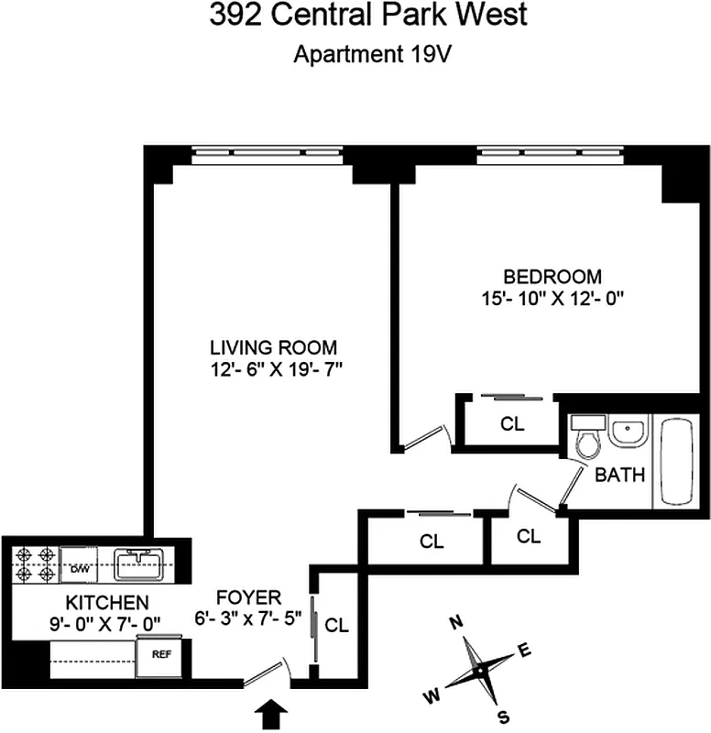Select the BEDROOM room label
[x=552, y=276]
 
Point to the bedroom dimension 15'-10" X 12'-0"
[x=552, y=298]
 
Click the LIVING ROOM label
[x=274, y=348]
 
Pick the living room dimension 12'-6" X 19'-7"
[x=274, y=370]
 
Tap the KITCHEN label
[x=107, y=603]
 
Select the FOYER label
[x=250, y=596]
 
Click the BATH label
[x=620, y=476]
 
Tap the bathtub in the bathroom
[x=677, y=462]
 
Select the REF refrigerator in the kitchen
[x=160, y=656]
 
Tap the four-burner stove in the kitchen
[x=36, y=563]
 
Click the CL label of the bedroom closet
[x=511, y=424]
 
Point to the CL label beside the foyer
[x=338, y=627]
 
